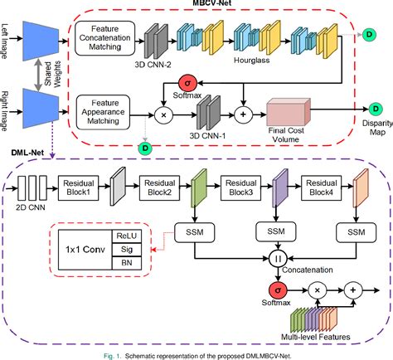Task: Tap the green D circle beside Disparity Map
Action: click(x=374, y=109)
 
